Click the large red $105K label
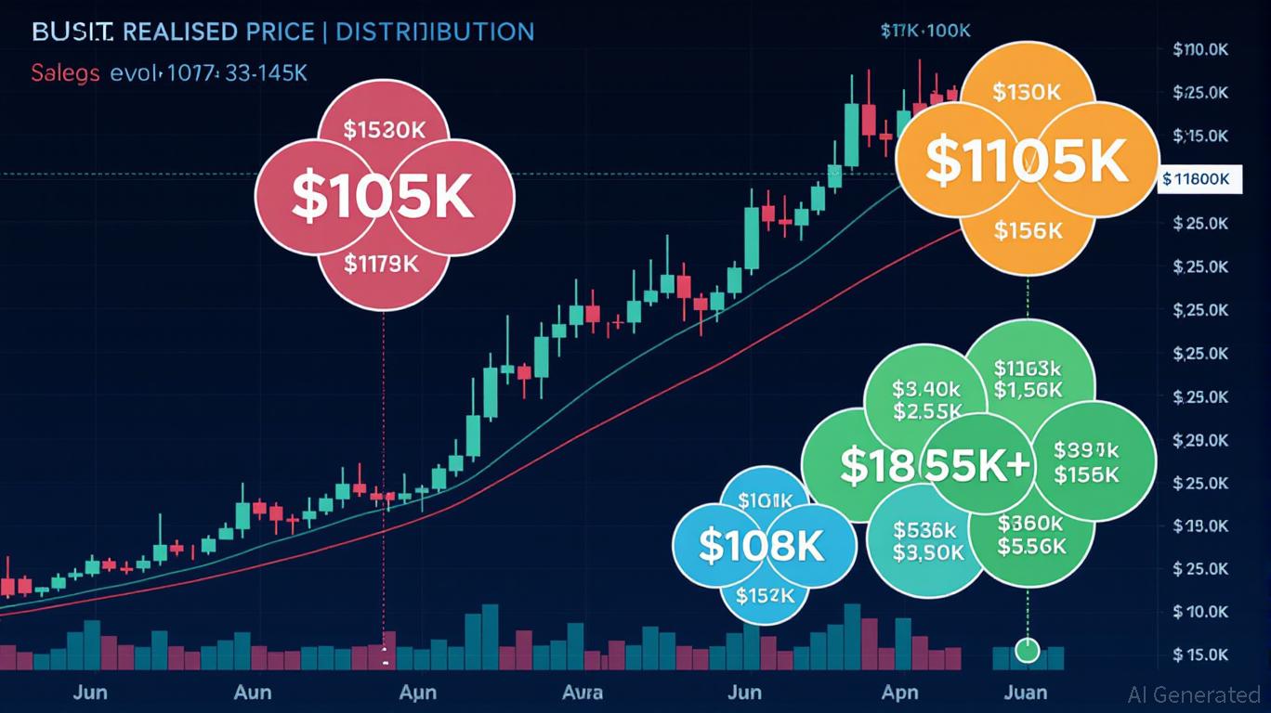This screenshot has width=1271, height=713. pos(383,196)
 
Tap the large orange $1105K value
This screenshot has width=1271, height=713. pos(1027,160)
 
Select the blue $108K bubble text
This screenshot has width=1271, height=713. pos(761,546)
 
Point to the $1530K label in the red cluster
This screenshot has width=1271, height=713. pos(384,130)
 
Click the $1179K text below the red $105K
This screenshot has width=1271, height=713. pos(381,264)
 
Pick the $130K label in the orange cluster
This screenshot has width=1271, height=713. pos(1026,92)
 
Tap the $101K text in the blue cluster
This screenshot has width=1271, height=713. pos(765,500)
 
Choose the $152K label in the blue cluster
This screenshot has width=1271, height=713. pos(766,595)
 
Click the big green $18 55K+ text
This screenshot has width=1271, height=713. pos(935,464)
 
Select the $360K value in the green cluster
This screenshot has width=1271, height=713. pos(1030,523)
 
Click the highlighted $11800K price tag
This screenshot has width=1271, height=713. pos(1201,179)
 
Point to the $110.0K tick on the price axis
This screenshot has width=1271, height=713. pos(1201,50)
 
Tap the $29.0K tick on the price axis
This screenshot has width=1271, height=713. pos(1201,439)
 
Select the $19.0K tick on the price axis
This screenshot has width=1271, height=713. pos(1201,525)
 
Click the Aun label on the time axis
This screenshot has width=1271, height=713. pos(252,693)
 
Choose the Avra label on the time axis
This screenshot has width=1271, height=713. pos(583,693)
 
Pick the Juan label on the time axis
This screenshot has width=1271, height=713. pos(1026,693)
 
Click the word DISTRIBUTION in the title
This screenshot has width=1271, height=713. pos(434,31)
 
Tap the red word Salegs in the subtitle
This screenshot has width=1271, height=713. pos(65,73)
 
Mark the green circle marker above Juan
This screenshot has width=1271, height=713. pos(1027,650)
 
